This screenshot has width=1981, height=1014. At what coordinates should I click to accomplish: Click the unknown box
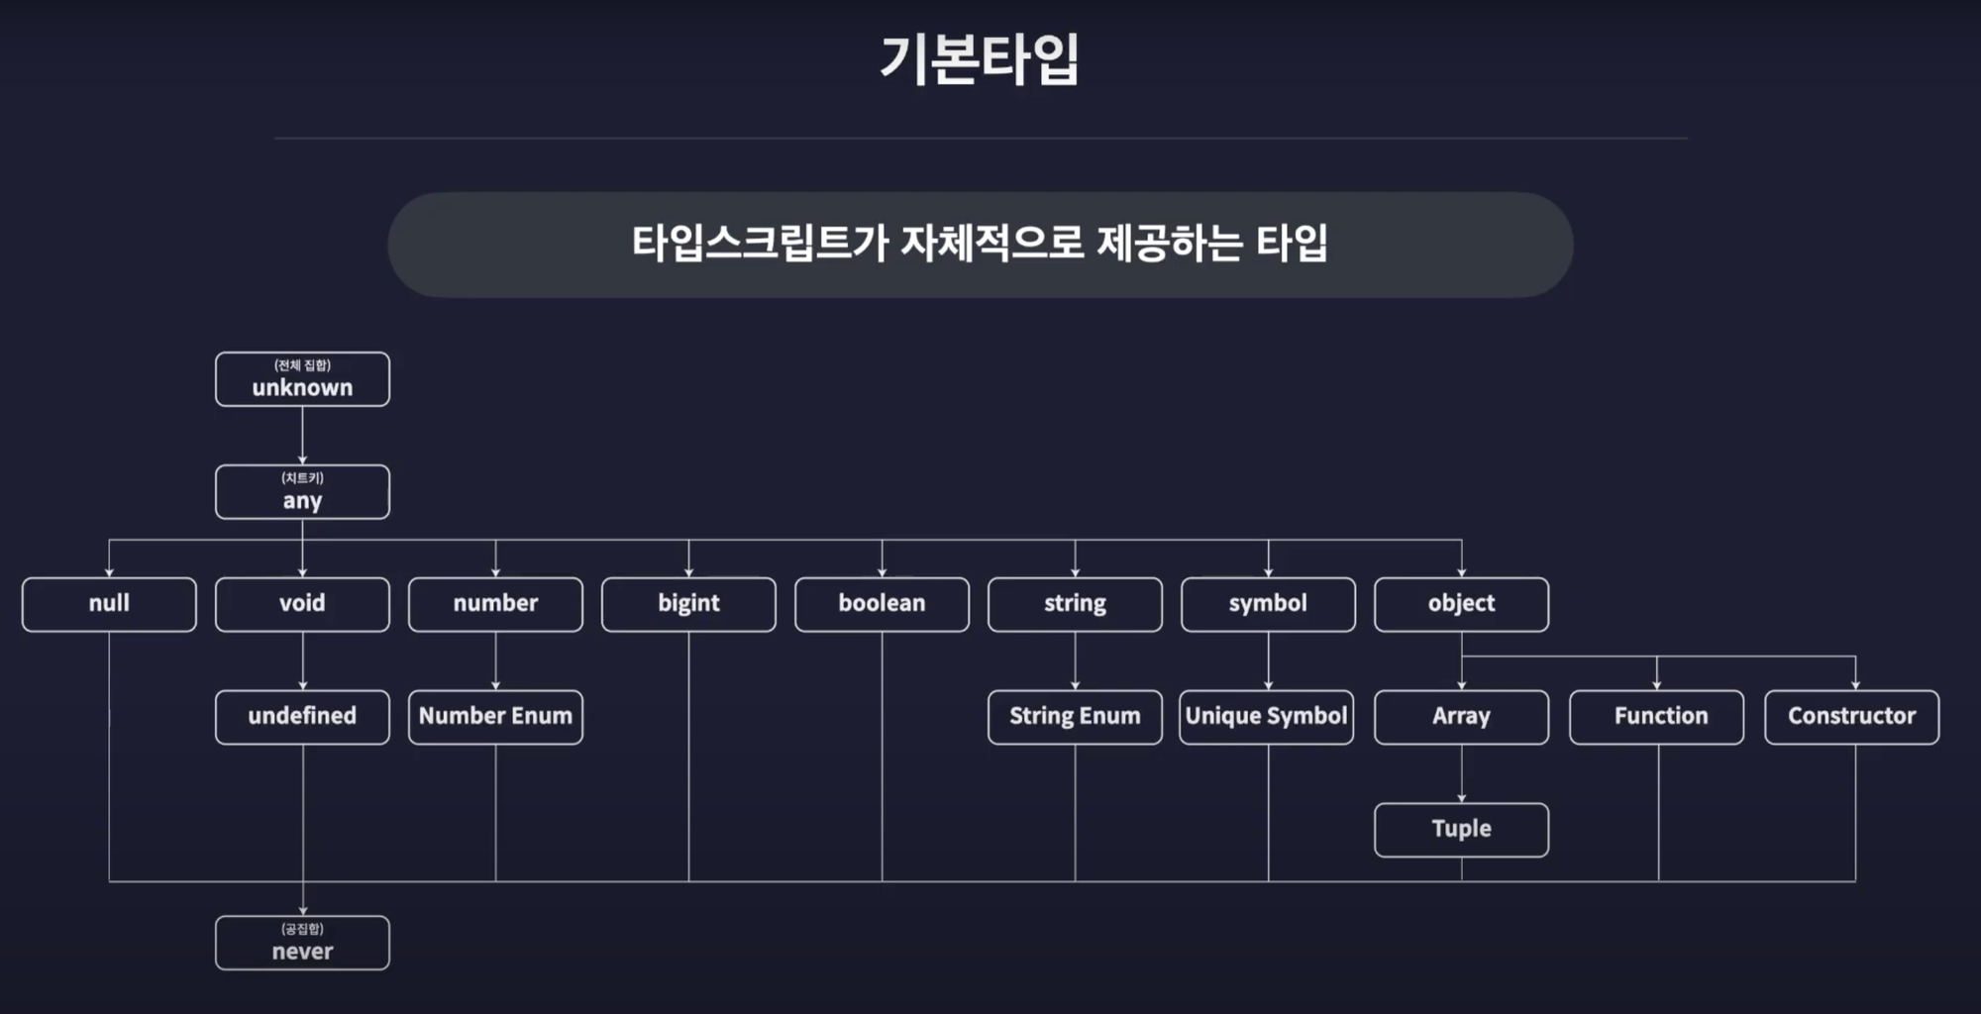[302, 380]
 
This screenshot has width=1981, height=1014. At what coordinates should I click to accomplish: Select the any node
[302, 492]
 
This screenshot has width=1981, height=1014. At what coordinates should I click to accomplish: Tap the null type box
[109, 604]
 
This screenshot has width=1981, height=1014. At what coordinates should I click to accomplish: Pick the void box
[302, 604]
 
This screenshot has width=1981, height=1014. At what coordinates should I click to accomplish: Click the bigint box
[688, 604]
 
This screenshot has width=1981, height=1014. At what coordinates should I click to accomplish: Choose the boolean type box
[882, 604]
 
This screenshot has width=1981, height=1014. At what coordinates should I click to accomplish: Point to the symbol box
[1268, 604]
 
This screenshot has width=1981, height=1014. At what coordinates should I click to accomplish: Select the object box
[1461, 604]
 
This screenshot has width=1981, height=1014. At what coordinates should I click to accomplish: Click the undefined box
[302, 717]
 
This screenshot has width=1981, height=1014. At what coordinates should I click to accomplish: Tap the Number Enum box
[495, 717]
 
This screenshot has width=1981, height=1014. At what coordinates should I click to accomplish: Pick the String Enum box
[1075, 717]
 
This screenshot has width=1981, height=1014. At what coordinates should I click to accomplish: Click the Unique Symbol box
[1266, 717]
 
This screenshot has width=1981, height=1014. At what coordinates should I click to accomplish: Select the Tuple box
[1461, 830]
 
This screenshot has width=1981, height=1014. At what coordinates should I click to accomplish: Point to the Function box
[1656, 717]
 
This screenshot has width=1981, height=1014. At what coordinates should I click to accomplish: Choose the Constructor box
[1851, 717]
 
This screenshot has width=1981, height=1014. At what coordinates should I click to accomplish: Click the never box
[302, 943]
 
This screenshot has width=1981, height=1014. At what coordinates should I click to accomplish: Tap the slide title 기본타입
[980, 59]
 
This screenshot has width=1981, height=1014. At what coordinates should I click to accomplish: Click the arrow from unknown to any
[302, 436]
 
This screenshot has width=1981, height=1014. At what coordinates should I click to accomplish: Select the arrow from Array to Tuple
[1461, 773]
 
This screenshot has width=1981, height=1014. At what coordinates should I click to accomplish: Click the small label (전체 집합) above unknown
[302, 365]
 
